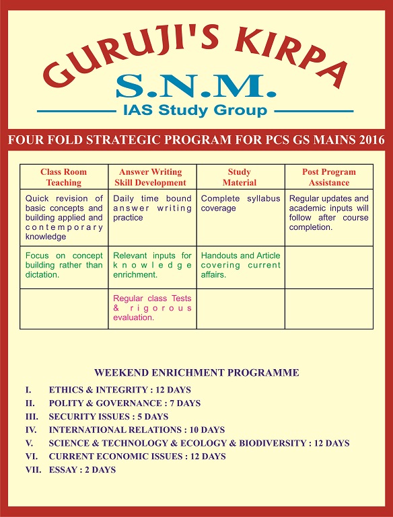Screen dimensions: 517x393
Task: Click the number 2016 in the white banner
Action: (x=367, y=140)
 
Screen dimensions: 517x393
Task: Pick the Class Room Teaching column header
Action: (x=64, y=177)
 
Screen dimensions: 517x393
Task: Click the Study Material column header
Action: (x=240, y=177)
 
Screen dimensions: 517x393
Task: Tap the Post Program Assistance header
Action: (x=329, y=177)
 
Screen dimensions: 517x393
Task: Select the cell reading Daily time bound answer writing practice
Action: (x=152, y=208)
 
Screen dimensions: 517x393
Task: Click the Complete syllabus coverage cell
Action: (x=240, y=204)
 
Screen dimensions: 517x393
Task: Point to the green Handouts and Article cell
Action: (x=240, y=265)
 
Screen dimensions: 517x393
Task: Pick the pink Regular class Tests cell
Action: (x=152, y=308)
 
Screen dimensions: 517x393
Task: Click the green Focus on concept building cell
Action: (x=64, y=265)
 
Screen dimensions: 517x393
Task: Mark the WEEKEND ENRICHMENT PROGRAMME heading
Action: (x=196, y=372)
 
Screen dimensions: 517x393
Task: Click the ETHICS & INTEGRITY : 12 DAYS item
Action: (x=120, y=390)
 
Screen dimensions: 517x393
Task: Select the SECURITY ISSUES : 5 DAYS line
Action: (x=108, y=417)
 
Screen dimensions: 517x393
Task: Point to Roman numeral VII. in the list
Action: (x=32, y=470)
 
